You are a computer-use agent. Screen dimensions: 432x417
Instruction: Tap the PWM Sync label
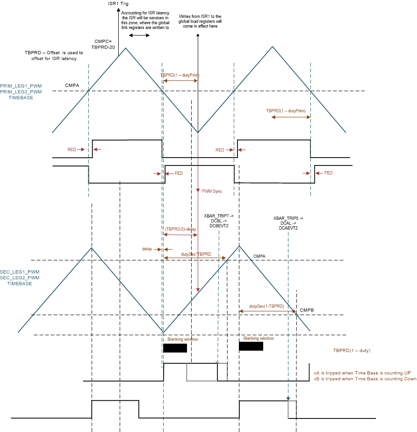212,191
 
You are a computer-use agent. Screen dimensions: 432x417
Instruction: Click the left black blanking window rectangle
175,348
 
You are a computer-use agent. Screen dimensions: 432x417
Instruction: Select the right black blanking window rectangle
251,346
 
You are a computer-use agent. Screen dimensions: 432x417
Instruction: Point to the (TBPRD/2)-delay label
180,229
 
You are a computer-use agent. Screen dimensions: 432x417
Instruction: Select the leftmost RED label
72,150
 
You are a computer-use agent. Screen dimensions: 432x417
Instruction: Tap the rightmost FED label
328,173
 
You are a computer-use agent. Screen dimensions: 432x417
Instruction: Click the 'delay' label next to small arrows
148,249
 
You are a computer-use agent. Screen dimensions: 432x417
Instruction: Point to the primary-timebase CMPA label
72,86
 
